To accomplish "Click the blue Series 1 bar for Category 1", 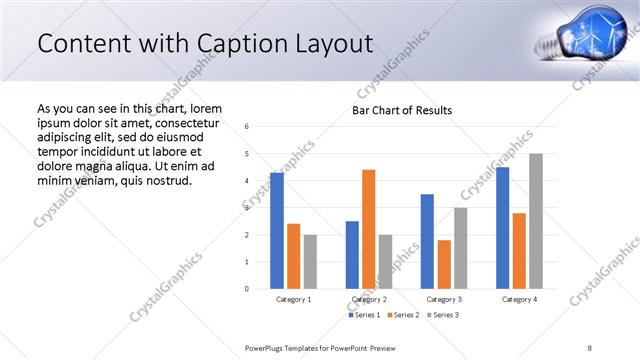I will [x=277, y=231].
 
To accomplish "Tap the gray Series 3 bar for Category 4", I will [x=536, y=221].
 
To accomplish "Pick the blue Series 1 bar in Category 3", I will [x=427, y=241].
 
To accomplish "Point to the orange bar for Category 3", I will [x=444, y=264].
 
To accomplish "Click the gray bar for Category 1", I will [x=310, y=262].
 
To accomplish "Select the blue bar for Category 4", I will [x=502, y=228].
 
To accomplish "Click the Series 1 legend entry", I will [x=363, y=315].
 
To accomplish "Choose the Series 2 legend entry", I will [x=402, y=315].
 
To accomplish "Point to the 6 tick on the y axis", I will [x=247, y=127].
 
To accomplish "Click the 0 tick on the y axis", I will [x=247, y=289].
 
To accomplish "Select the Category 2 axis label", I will [x=369, y=299].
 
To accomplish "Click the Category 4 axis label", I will [x=519, y=299].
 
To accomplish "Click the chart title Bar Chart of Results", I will [x=402, y=110].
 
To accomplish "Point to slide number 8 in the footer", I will [x=590, y=347].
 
